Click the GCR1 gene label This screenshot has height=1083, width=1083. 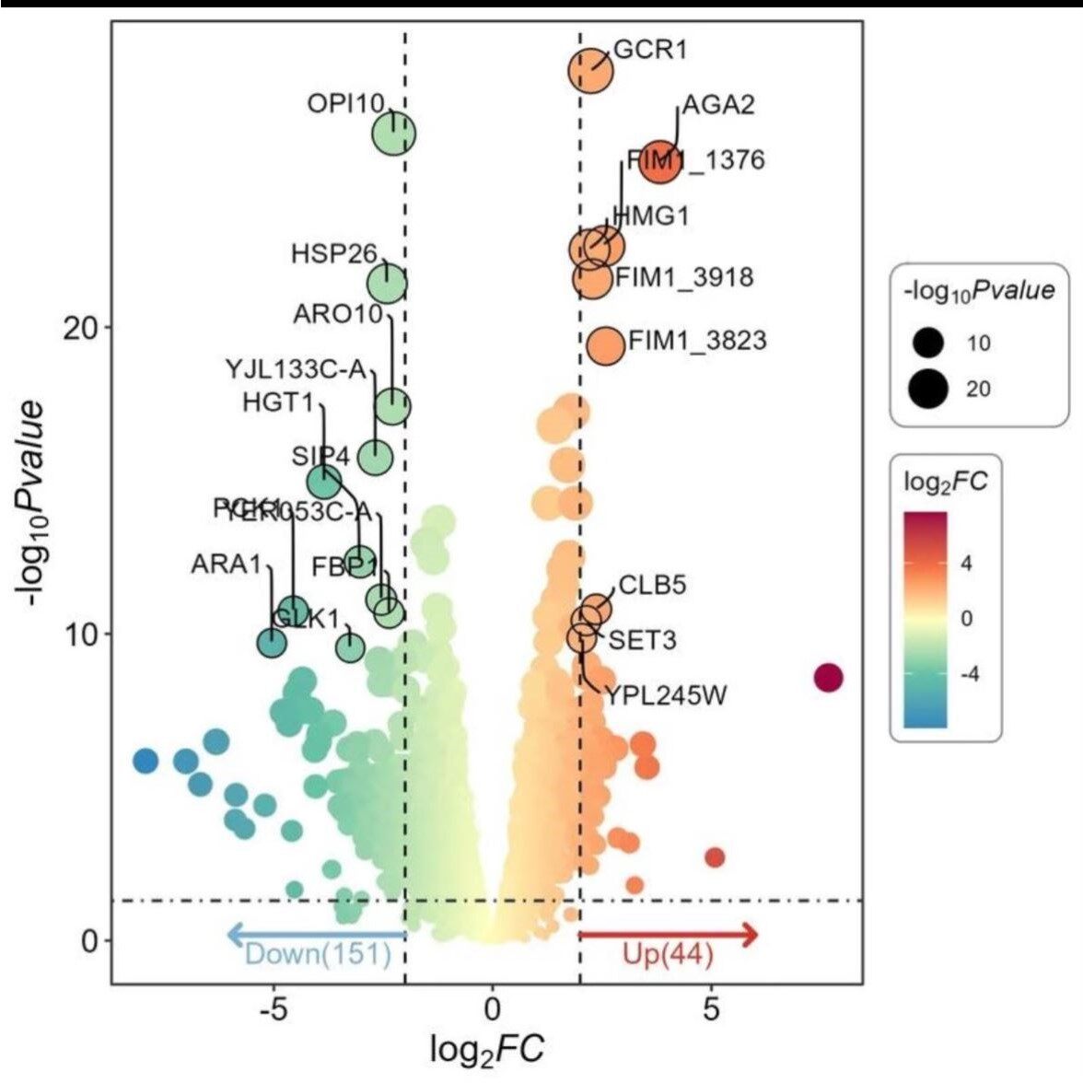(650, 49)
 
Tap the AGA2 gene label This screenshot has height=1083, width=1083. (717, 104)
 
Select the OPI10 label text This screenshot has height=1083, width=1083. (345, 103)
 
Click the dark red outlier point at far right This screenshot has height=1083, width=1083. (829, 678)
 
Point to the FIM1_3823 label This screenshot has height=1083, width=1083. (697, 341)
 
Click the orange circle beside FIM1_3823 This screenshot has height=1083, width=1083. (605, 346)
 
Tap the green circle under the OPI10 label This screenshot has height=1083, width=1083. (394, 134)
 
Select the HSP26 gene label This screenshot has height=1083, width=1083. (334, 252)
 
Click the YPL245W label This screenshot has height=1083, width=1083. (665, 695)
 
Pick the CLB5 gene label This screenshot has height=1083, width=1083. (652, 585)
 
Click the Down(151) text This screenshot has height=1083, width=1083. (318, 954)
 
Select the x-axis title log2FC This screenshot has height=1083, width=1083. (487, 1049)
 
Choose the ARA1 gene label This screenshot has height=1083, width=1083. (227, 564)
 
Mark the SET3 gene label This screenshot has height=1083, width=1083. (642, 638)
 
